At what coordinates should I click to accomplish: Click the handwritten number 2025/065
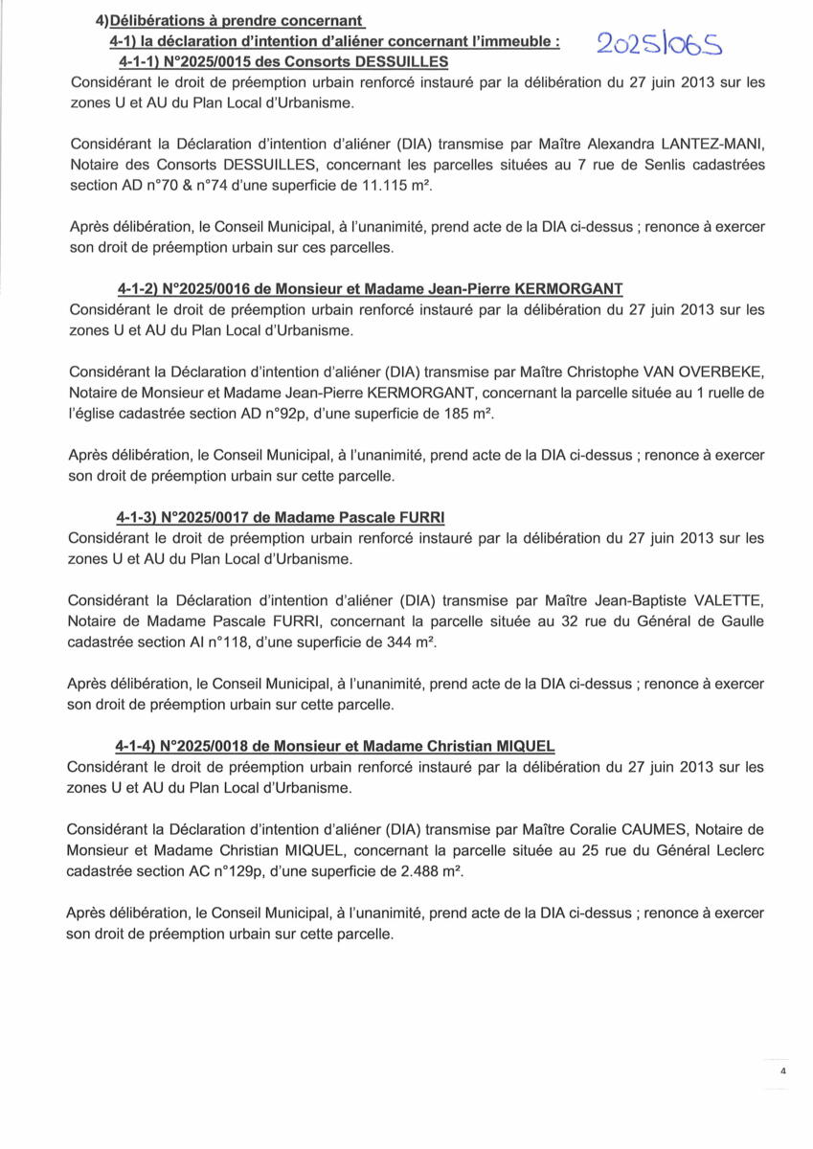point(661,44)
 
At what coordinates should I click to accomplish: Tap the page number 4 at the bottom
point(782,1072)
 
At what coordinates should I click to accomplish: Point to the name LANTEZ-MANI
point(716,144)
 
